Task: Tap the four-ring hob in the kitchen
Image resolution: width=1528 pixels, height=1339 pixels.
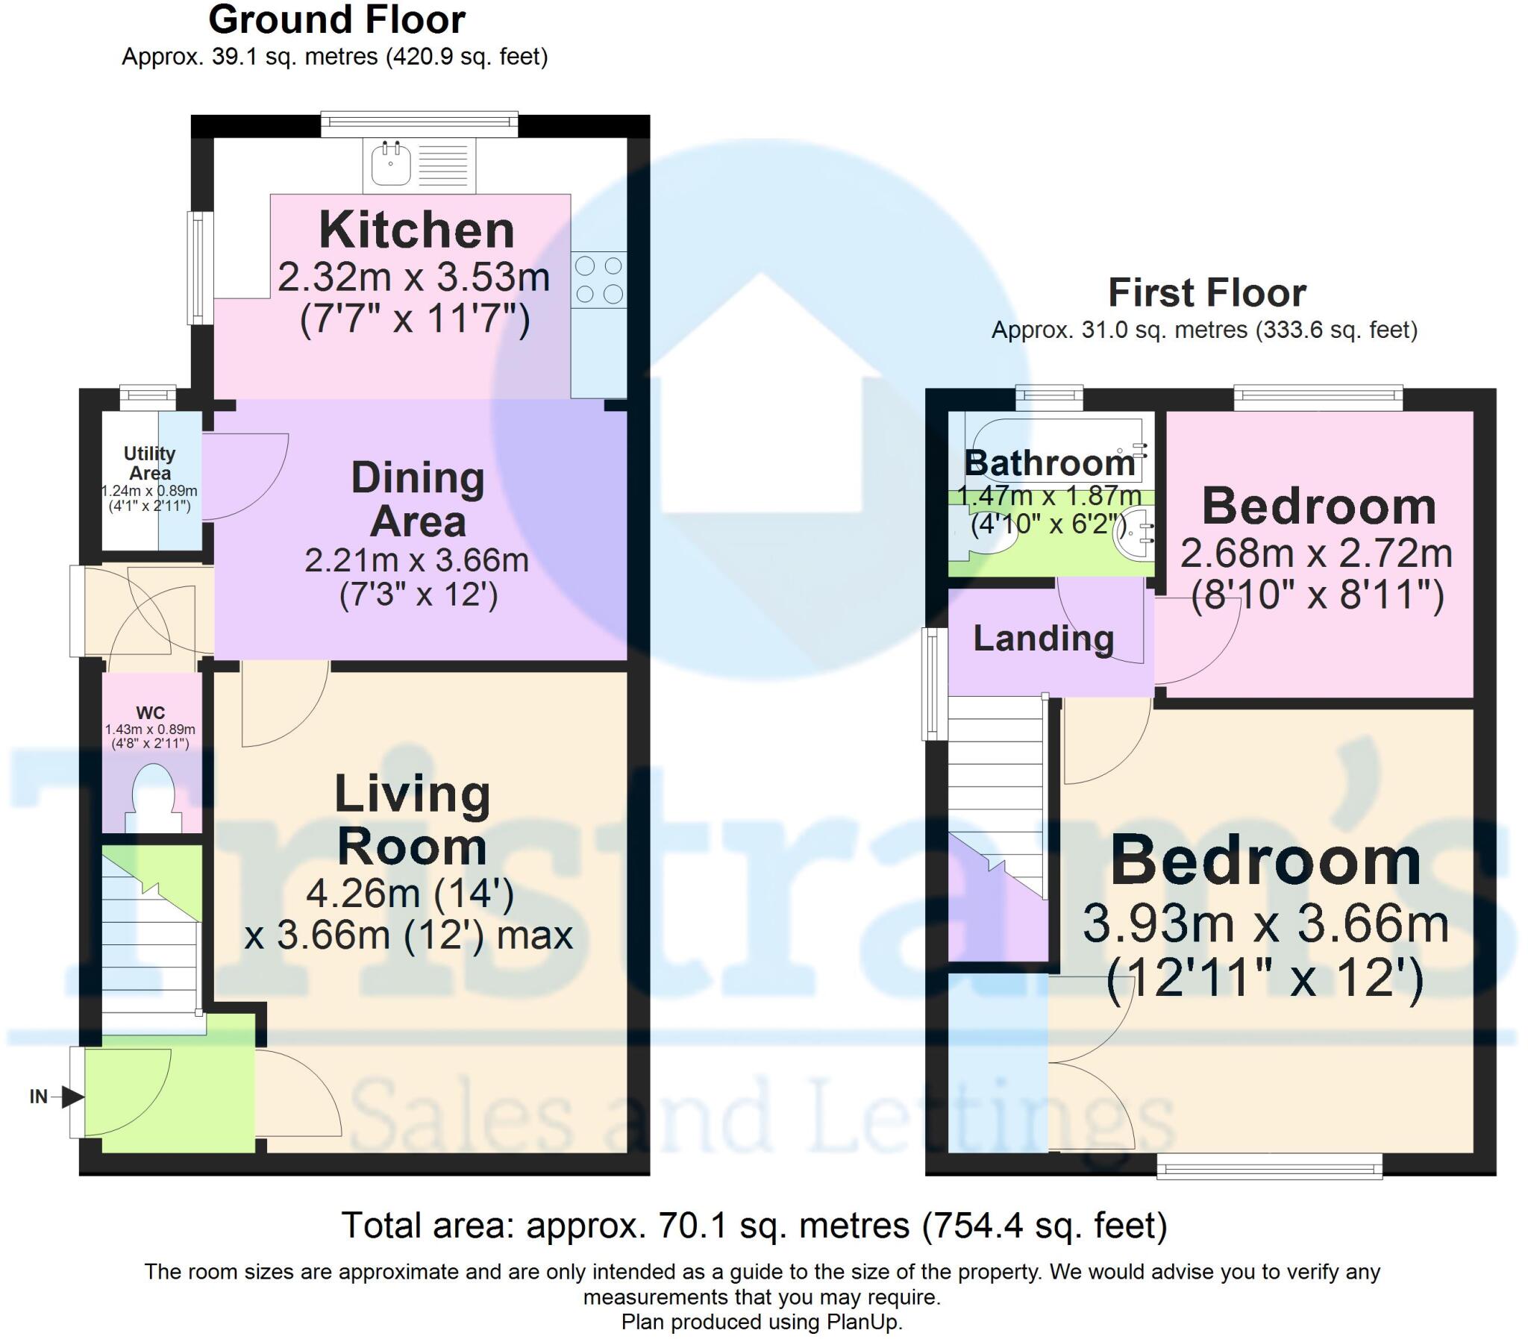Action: click(599, 280)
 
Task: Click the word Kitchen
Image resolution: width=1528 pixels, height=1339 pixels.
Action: click(416, 231)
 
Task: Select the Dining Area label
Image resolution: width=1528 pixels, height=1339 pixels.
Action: click(418, 499)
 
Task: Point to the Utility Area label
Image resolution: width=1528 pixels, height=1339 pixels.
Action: click(149, 463)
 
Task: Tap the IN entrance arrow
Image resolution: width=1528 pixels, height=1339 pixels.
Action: click(71, 1097)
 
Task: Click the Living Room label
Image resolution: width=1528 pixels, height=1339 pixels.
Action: click(412, 820)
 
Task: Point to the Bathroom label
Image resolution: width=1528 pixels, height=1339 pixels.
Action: click(1050, 463)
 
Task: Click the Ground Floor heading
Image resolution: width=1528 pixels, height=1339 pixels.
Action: click(336, 20)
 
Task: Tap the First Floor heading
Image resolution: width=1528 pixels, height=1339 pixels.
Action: click(1206, 293)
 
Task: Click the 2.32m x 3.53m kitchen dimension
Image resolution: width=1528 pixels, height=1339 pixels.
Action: click(414, 278)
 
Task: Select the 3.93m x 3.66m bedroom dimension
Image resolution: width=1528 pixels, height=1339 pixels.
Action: click(1265, 923)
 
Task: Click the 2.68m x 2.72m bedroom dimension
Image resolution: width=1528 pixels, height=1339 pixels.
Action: click(1316, 554)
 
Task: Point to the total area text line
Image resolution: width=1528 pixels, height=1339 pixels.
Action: click(754, 1226)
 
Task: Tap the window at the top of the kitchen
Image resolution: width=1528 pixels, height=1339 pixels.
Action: click(419, 124)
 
